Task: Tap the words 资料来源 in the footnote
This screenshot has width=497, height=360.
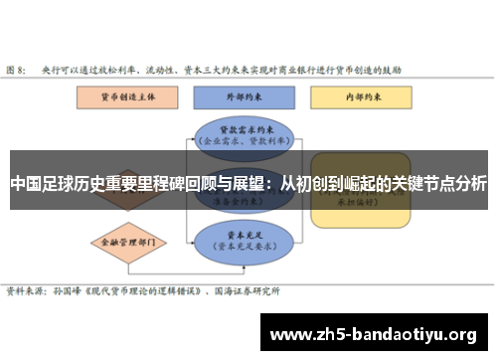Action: click(24, 290)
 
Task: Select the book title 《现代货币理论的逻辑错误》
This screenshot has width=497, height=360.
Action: click(140, 290)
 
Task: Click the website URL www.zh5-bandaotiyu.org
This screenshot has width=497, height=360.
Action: click(373, 333)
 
